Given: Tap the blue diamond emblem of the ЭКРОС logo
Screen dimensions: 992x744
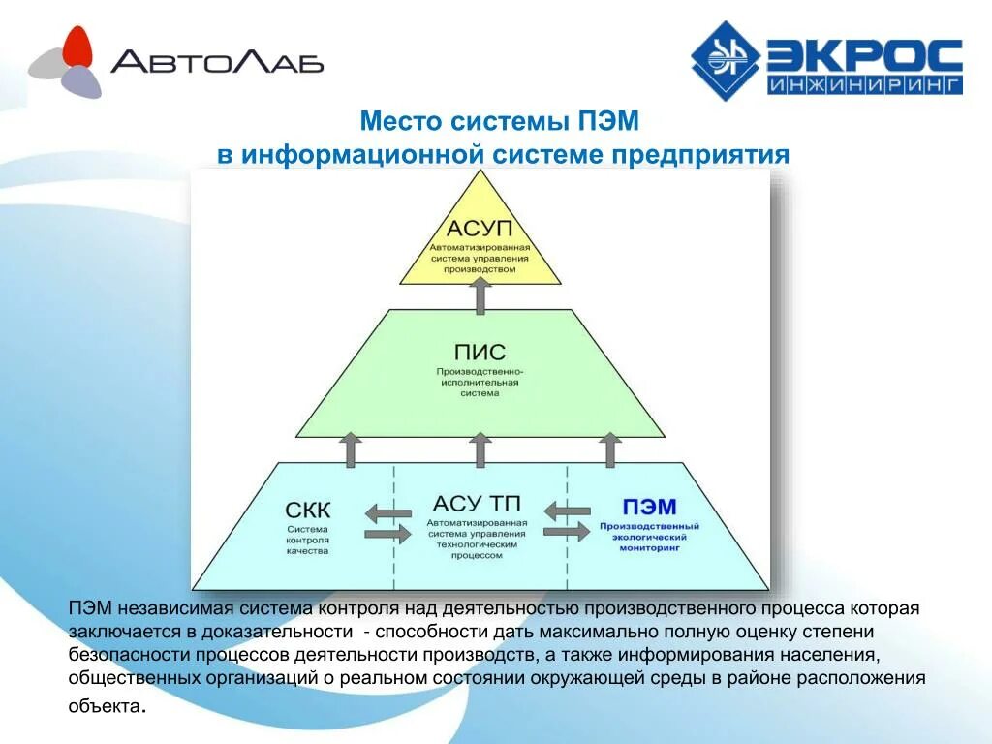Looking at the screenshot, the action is point(726,61).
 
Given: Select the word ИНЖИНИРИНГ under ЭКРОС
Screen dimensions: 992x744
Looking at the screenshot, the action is point(864,85).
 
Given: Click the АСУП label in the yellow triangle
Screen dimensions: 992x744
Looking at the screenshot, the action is point(480,231).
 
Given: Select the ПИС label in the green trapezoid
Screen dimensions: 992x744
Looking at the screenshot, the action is point(480,353).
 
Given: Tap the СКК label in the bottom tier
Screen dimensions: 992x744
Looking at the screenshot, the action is point(308,510).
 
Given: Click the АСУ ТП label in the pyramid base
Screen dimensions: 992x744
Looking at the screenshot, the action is point(477,504).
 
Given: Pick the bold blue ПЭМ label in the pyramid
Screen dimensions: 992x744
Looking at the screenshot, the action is point(648,507).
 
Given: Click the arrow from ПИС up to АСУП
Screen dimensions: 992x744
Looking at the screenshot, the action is point(480,294).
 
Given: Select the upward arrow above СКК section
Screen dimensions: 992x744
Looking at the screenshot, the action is point(352,450).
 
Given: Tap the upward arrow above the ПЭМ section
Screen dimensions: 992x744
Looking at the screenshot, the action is point(609,450).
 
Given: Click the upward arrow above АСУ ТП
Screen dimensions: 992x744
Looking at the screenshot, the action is point(480,450).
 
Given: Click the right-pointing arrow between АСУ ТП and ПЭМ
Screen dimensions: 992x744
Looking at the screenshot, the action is point(568,532).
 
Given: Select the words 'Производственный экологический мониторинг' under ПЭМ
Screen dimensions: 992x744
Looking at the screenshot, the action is point(648,537).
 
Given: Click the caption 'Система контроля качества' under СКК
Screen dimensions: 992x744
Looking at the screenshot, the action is point(308,540).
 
